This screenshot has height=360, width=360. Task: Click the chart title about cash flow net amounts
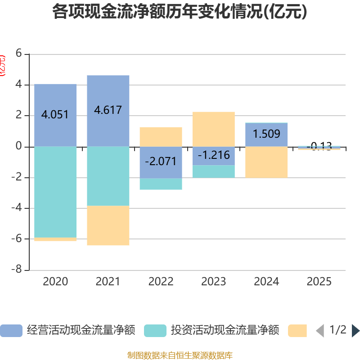(x=180, y=12)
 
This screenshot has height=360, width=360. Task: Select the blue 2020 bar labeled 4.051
(x=55, y=99)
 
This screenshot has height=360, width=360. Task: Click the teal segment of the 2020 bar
(x=55, y=192)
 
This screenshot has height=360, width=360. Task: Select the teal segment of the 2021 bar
(x=108, y=176)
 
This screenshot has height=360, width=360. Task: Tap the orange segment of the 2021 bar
(x=108, y=225)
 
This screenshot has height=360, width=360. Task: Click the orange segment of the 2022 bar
(x=161, y=137)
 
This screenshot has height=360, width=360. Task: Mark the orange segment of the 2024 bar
(x=266, y=162)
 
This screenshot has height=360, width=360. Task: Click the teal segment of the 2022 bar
(x=161, y=184)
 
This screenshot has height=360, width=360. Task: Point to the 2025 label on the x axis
(x=319, y=282)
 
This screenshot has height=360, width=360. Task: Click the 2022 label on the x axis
(x=161, y=282)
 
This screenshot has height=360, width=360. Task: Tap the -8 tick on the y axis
(x=18, y=270)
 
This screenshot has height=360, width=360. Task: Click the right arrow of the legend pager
(x=355, y=331)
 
